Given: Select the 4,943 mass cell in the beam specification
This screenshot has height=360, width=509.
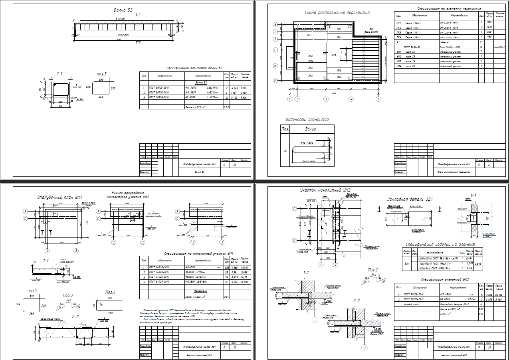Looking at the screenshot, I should (x=234, y=88).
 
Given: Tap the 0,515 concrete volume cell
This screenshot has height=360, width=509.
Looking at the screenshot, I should (x=226, y=107).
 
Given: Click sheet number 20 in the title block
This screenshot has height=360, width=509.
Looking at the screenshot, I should (x=235, y=164).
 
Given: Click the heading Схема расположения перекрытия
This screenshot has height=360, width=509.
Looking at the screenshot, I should (x=337, y=12).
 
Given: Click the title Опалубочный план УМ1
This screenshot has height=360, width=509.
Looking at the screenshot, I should (x=59, y=197).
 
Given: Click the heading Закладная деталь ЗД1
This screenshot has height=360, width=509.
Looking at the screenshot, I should (x=410, y=199).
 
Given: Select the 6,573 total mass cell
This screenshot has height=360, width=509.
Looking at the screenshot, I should (x=477, y=264).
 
